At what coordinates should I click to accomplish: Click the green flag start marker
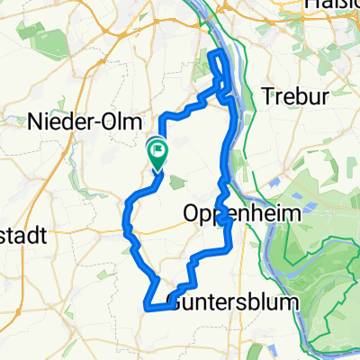coord(157,154)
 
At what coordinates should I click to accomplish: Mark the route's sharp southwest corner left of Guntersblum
coord(146,307)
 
